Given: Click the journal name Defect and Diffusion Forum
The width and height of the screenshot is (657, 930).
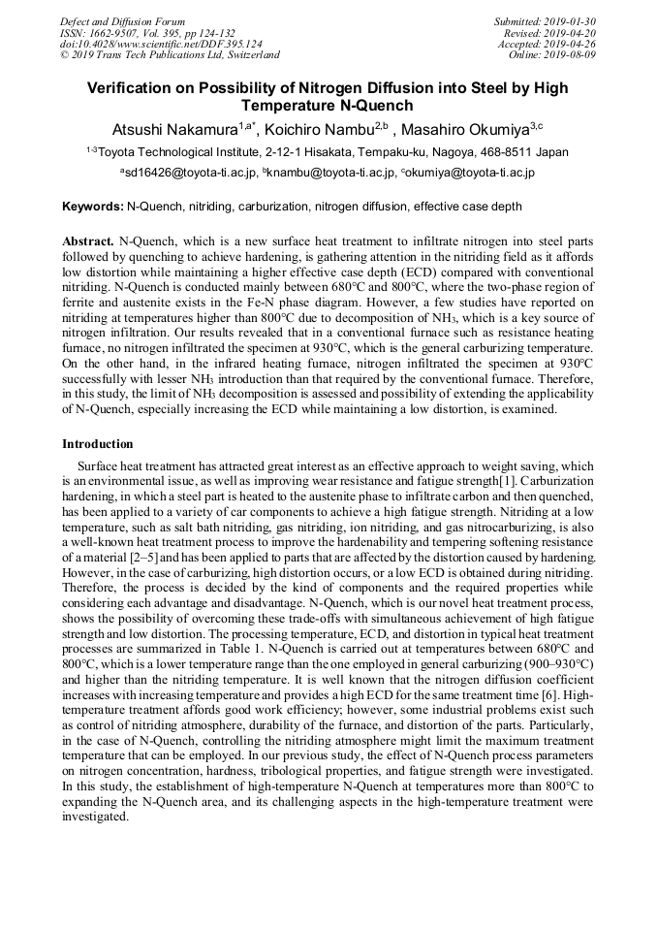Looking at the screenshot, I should [122, 21].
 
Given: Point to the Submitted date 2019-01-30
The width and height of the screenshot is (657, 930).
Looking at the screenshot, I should [573, 21].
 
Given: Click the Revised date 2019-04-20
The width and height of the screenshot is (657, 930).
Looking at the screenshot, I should [573, 33].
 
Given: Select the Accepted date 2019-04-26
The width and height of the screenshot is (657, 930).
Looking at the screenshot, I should [573, 44].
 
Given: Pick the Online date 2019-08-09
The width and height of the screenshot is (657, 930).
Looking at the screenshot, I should [573, 55].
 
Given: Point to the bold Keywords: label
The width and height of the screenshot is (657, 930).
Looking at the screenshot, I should [93, 207].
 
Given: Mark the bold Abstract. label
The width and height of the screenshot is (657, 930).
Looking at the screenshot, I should [88, 241].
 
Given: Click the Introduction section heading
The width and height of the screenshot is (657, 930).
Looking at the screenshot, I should [98, 444].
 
